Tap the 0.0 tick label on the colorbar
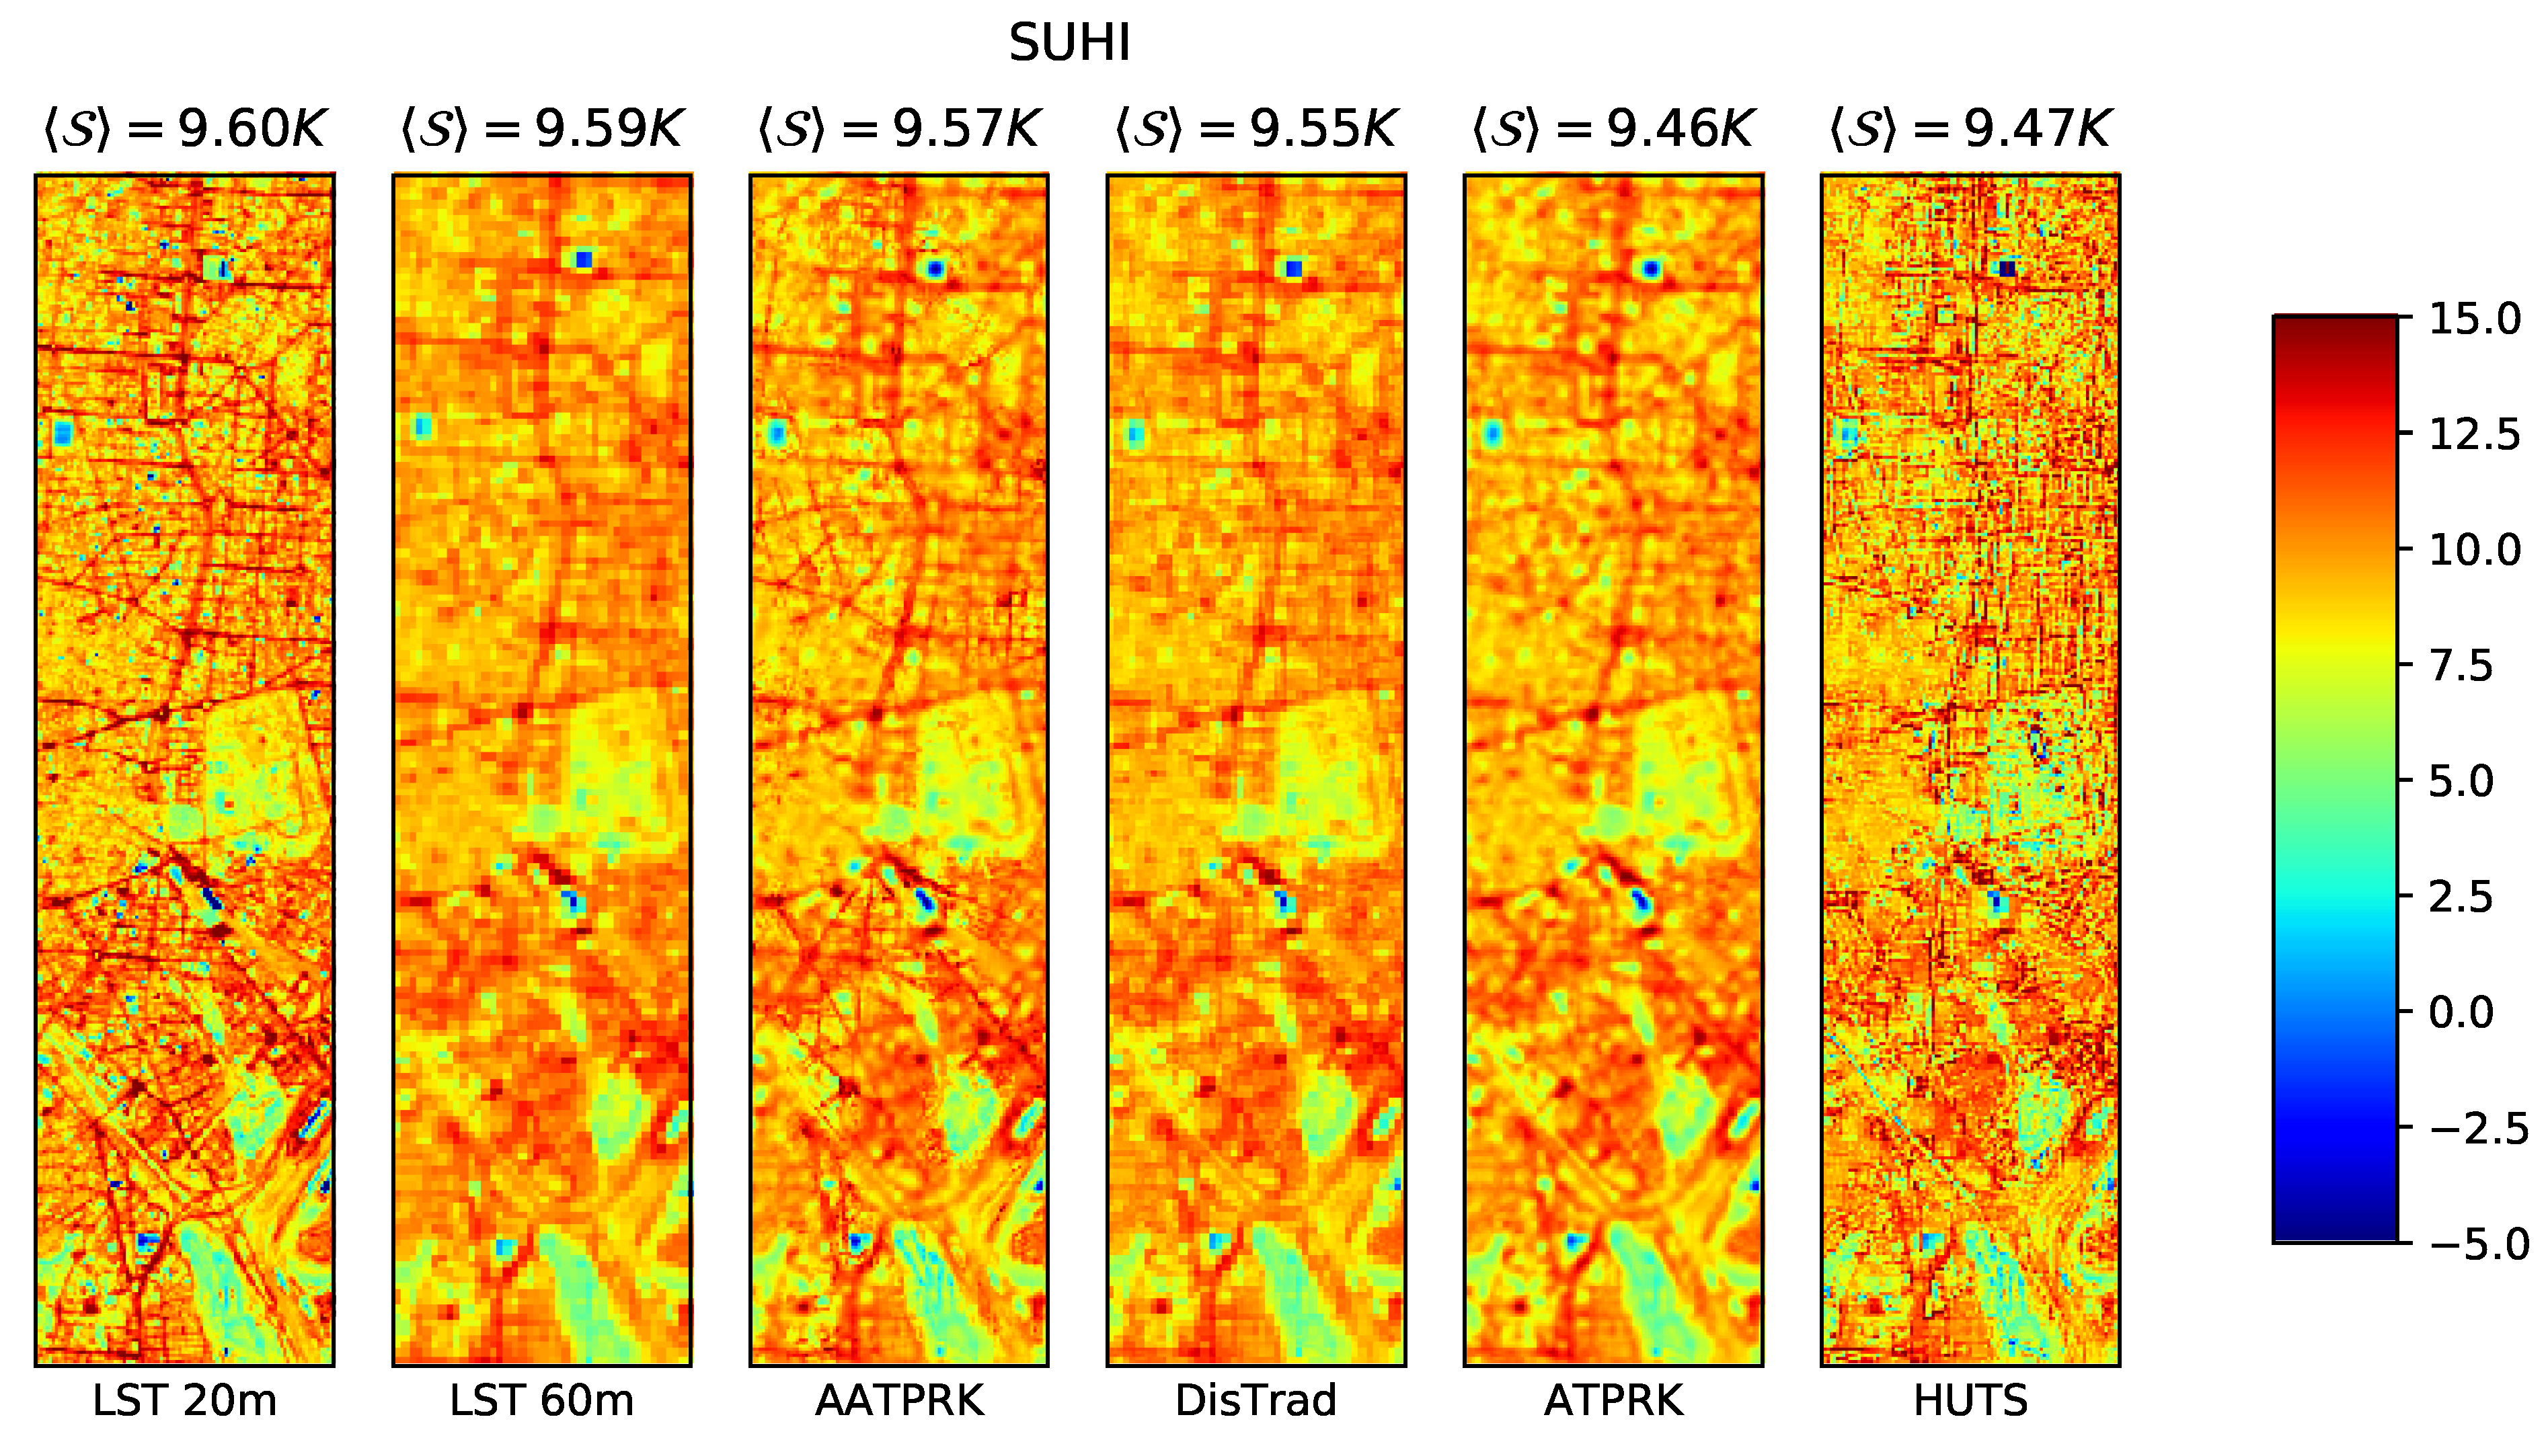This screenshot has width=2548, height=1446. click(2461, 1012)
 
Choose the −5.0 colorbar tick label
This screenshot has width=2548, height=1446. click(2479, 1244)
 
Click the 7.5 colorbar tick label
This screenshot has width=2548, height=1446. click(2461, 666)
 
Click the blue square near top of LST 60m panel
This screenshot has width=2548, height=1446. click(583, 260)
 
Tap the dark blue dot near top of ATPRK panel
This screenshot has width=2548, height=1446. click(1651, 269)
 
